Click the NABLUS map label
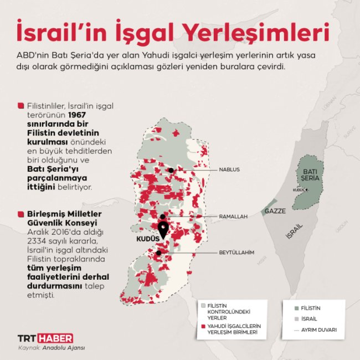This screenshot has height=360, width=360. (x=229, y=169)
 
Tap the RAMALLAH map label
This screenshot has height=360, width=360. (x=233, y=217)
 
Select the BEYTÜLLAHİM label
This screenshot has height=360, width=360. (x=236, y=253)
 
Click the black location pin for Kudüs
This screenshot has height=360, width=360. (x=163, y=230)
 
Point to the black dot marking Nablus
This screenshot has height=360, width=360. (x=172, y=170)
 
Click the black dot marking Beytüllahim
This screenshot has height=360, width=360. (x=159, y=253)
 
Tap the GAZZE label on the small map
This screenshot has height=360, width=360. (x=275, y=211)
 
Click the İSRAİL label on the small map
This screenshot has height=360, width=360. (x=294, y=231)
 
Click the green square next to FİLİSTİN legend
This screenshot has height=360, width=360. (x=297, y=308)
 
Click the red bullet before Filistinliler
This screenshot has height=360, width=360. (x=21, y=105)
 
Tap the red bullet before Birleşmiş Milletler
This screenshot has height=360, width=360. (x=21, y=213)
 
